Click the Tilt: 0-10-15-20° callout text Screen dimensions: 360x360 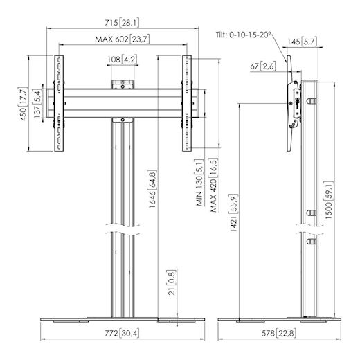[x=244, y=35]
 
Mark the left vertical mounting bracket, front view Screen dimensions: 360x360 [x=59, y=103]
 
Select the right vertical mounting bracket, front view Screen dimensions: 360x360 [x=187, y=103]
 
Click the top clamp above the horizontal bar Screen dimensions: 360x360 [x=123, y=84]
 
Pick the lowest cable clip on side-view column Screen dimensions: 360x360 [x=312, y=242]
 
